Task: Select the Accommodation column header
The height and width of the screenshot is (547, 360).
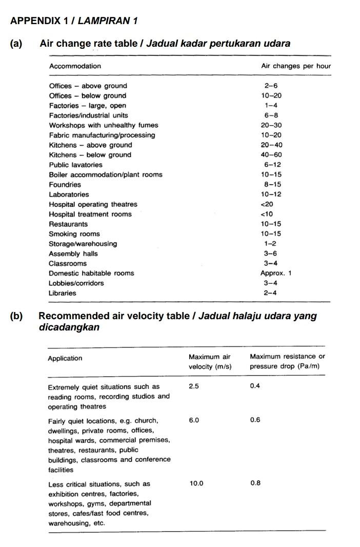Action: pos(75,66)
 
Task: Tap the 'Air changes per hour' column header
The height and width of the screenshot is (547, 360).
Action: pos(295,66)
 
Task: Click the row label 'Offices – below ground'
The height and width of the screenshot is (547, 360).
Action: pos(87,96)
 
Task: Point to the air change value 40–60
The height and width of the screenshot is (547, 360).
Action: pos(271,155)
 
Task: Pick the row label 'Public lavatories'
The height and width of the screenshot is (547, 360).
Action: pos(75,165)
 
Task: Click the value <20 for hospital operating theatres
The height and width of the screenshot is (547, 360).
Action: pos(267,204)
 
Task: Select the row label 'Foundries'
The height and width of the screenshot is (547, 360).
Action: pos(65,185)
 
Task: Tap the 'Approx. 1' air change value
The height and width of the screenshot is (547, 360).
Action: pos(275,273)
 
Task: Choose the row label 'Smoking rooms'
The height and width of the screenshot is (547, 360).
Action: pos(74,234)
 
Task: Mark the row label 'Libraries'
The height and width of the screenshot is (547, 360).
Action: pos(62,294)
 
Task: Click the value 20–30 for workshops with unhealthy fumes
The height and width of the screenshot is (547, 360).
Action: pos(271,125)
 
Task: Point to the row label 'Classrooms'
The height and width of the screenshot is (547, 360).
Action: pos(68,264)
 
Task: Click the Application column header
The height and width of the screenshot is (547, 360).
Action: pos(65,359)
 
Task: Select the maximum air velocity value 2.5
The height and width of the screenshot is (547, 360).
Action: pos(194,386)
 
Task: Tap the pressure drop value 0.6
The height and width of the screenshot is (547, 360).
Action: pos(255,420)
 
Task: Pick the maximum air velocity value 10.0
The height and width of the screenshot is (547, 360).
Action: pos(196,484)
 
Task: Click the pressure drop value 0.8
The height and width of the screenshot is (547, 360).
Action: pos(255,484)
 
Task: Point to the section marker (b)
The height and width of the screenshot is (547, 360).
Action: pos(16,316)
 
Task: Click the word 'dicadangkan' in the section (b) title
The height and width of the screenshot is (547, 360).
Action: pos(69,327)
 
